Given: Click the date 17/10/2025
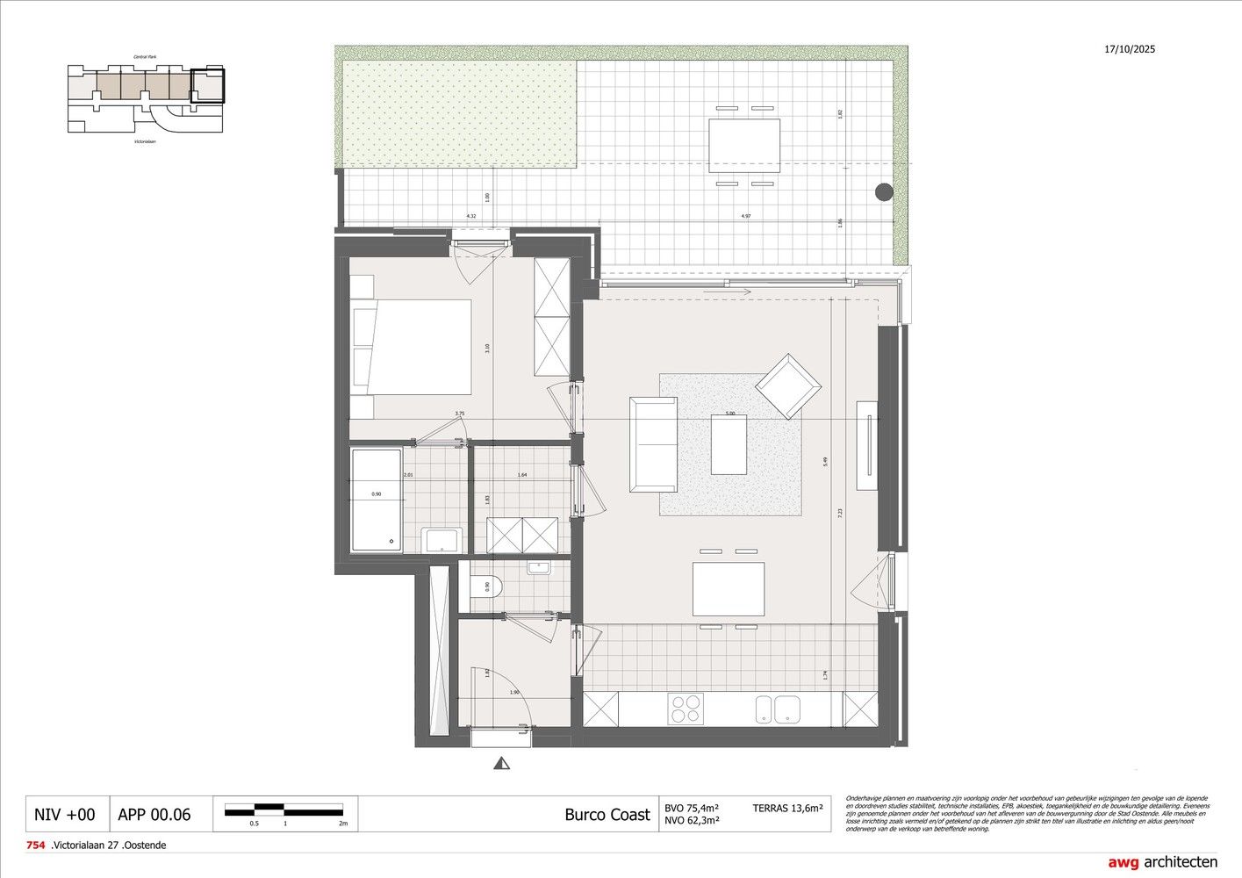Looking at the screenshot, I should (1130, 49).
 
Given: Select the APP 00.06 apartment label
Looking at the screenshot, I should (154, 815).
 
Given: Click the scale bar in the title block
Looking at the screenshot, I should (286, 810).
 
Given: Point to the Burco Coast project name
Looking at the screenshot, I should (607, 814).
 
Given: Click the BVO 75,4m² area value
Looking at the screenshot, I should (692, 808).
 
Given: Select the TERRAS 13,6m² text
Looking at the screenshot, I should (786, 808).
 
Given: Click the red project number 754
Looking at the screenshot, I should (36, 846).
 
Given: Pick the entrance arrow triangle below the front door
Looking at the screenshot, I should (502, 764).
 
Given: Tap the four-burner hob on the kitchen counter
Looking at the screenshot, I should (686, 709).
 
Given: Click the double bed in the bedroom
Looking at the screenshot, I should (411, 348).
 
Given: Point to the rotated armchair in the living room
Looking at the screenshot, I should (788, 386).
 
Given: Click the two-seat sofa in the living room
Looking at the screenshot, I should (654, 444).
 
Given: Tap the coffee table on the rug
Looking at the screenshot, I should (729, 444).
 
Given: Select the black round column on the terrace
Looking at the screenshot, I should (883, 192).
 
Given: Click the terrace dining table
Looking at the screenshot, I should (744, 147).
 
